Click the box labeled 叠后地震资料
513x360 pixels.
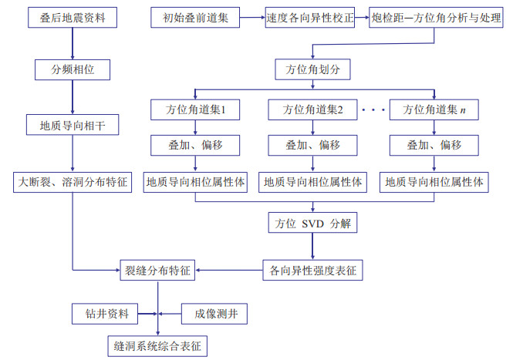(x=73, y=16)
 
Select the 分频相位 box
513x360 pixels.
(x=73, y=70)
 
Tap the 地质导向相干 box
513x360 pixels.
(x=73, y=123)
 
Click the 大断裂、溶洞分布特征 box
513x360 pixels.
(x=73, y=183)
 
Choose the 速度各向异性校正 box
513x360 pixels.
(x=309, y=16)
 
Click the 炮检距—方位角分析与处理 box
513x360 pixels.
(x=430, y=16)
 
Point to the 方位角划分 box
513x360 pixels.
(x=312, y=70)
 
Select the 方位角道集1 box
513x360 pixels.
(x=195, y=110)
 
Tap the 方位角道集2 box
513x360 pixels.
(x=312, y=110)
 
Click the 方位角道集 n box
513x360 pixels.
(x=433, y=110)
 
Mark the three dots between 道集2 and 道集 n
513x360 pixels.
(x=373, y=110)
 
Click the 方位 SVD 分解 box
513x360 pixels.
(x=312, y=225)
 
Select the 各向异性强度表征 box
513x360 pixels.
(x=312, y=271)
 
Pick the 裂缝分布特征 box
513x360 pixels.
(x=157, y=271)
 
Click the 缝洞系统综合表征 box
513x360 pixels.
(x=157, y=345)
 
